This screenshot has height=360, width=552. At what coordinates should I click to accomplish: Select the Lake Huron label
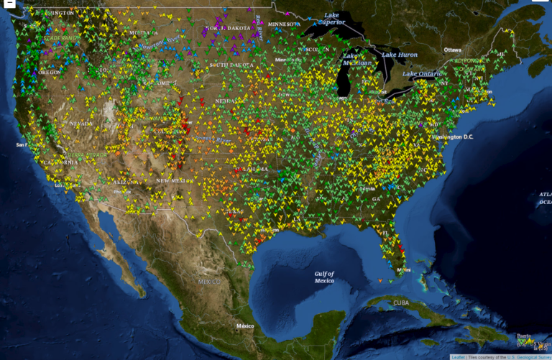click(400, 55)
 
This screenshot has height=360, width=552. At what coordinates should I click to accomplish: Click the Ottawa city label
click(453, 50)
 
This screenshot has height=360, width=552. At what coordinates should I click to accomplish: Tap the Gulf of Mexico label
click(324, 277)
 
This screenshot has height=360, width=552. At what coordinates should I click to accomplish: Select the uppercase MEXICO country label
click(208, 282)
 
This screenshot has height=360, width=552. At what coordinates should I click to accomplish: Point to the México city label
click(246, 326)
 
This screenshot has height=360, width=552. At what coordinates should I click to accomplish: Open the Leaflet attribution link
click(458, 356)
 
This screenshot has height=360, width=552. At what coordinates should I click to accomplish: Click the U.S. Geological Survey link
click(523, 356)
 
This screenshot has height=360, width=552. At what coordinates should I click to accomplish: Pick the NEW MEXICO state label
click(173, 180)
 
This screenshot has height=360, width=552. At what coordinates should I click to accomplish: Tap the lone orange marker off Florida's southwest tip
click(380, 279)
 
